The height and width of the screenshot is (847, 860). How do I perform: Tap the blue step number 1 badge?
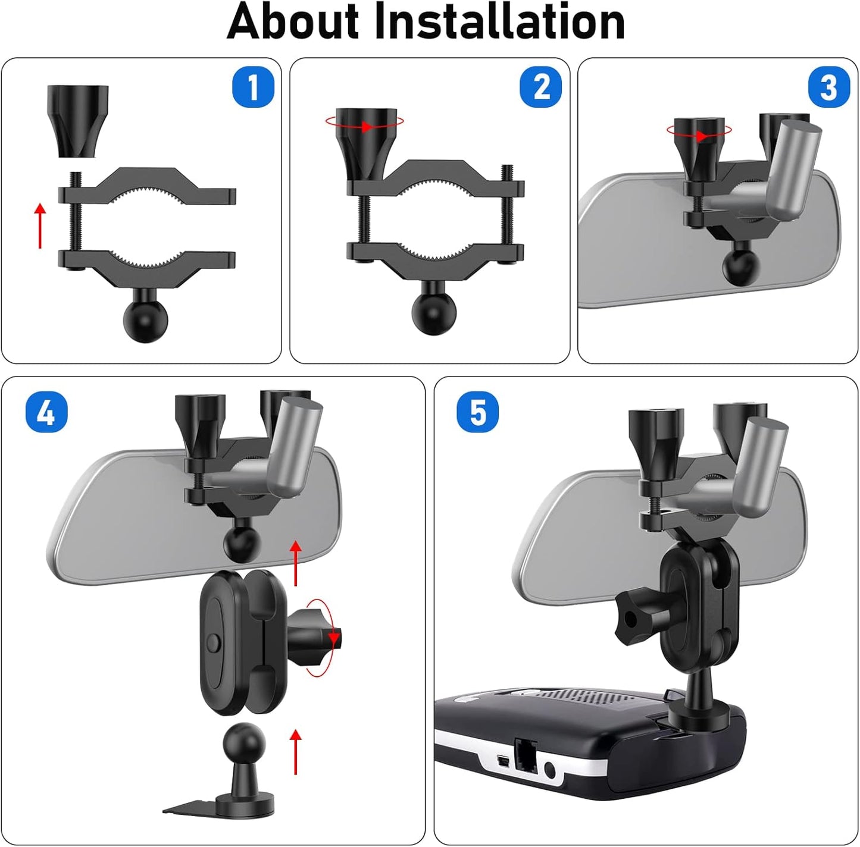(252, 87)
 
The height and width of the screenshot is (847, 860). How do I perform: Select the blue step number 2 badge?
(541, 87)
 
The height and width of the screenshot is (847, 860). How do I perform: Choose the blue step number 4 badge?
(46, 412)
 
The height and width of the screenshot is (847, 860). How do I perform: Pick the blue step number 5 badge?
(478, 412)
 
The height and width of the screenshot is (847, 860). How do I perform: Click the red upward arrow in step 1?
(40, 225)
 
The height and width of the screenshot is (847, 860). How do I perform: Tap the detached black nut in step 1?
(78, 120)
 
